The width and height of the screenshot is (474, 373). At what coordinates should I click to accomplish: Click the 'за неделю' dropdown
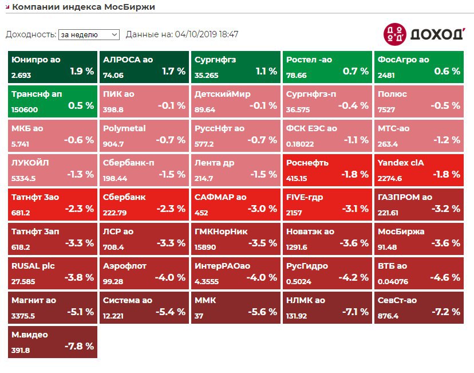(89, 34)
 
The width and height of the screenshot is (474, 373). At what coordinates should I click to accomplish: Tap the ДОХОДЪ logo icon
(394, 34)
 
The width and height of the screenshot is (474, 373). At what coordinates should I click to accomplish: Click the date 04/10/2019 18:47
(207, 34)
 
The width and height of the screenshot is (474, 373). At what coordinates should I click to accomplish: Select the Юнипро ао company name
(35, 60)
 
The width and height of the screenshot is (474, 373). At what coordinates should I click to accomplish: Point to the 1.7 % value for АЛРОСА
(174, 72)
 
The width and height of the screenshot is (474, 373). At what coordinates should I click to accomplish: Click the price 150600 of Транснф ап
(25, 109)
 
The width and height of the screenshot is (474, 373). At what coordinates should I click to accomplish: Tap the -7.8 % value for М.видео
(79, 347)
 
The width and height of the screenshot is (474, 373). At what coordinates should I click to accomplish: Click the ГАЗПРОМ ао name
(405, 197)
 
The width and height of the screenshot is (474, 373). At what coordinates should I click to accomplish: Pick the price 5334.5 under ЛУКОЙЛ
(23, 178)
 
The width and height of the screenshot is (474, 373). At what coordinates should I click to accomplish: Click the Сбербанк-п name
(128, 163)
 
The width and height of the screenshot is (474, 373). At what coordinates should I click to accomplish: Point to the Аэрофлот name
(125, 266)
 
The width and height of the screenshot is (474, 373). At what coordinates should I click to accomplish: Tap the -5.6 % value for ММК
(262, 312)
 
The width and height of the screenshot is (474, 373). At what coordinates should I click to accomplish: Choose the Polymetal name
(124, 128)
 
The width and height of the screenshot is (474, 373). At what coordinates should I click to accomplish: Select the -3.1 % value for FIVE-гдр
(355, 209)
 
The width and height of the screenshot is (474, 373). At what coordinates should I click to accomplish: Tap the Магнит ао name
(34, 300)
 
